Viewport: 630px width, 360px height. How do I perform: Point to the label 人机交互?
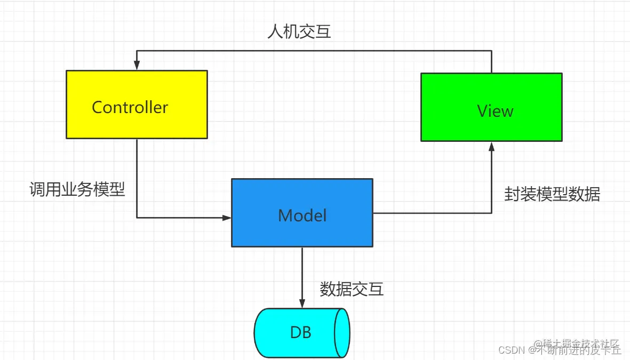coord(299,31)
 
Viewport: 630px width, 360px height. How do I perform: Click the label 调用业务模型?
coord(77,189)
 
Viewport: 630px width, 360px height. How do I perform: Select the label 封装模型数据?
coord(552,194)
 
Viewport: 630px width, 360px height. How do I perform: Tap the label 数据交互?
coord(352,289)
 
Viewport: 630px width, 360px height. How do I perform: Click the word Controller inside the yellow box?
coord(130,107)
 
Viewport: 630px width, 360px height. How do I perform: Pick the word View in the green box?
coord(495,111)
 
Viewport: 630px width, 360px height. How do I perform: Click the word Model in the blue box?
coord(302,215)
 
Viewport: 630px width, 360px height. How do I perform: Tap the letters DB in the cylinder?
coord(300,333)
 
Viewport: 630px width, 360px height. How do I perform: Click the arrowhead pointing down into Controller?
coord(137,65)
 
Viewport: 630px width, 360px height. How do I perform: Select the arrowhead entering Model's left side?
coord(226,218)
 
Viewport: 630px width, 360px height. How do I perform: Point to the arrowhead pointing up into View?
coord(491,147)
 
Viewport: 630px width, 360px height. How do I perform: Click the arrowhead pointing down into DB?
coord(302,303)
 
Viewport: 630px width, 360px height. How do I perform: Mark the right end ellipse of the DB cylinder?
coord(341,333)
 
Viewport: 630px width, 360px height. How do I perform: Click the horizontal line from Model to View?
coord(432,213)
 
